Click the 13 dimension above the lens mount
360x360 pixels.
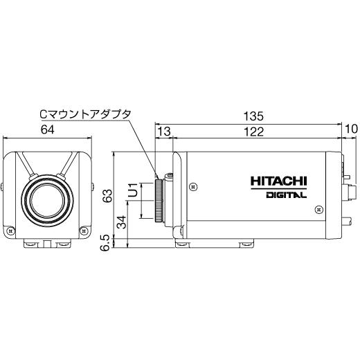(164, 132)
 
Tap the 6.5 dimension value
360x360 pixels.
(106, 242)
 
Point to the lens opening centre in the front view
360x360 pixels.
(47, 198)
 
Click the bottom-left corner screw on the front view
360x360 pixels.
(10, 231)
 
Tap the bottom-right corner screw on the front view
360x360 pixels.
(84, 231)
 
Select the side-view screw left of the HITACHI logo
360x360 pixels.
(193, 186)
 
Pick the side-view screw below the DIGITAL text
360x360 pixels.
(317, 207)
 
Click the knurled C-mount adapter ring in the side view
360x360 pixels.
(161, 200)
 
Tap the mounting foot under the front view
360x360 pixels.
(47, 243)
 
